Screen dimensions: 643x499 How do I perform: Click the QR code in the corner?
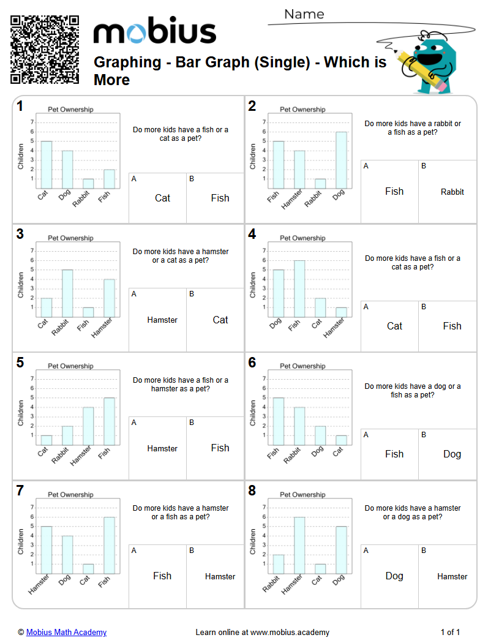click(x=45, y=50)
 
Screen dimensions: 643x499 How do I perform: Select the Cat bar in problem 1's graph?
click(x=47, y=165)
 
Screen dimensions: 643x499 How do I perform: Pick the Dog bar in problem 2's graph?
click(x=341, y=160)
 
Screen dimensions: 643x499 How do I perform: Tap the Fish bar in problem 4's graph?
click(x=299, y=288)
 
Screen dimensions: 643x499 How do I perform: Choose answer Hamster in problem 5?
click(x=162, y=448)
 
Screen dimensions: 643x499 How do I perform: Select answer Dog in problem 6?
click(x=452, y=454)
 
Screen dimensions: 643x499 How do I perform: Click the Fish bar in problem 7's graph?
click(x=109, y=545)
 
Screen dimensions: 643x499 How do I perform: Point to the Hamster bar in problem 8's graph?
click(x=299, y=545)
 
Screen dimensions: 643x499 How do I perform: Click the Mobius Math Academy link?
click(x=66, y=632)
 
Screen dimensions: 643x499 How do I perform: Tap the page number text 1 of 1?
click(x=450, y=632)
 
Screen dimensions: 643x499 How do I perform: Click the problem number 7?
click(x=20, y=491)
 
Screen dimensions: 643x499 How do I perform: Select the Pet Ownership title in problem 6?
click(x=302, y=366)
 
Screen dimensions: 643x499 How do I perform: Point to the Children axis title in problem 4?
click(x=252, y=285)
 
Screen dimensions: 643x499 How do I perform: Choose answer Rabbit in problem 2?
click(x=452, y=192)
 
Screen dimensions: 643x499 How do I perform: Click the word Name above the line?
click(x=304, y=14)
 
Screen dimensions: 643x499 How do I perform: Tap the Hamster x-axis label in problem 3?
click(x=102, y=328)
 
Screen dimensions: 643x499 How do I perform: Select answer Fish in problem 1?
click(x=220, y=198)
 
